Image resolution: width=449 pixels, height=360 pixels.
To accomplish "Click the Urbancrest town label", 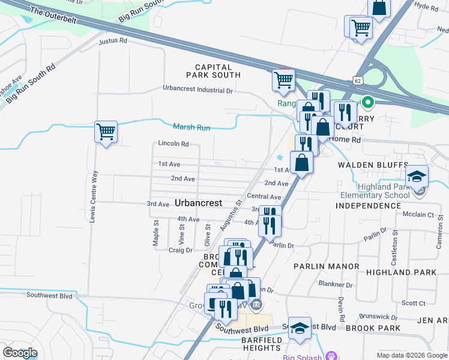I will coord(199,202).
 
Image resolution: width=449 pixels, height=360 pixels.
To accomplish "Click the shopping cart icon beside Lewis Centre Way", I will coord(106,131).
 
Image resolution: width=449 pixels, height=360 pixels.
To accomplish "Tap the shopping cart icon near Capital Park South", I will coord(283,80).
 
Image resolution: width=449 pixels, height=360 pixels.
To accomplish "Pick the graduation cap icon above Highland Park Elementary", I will coord(417,176).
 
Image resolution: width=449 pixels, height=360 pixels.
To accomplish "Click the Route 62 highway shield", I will coord(358,79).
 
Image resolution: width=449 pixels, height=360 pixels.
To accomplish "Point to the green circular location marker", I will coord(367,103).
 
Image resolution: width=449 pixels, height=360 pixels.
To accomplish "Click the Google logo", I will coord(20,353).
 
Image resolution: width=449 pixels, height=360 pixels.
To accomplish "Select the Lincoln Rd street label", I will coord(173,144).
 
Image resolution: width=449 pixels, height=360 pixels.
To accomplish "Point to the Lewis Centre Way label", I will coord(93,196).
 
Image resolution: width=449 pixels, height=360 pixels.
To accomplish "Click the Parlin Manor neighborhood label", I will coord(326,266).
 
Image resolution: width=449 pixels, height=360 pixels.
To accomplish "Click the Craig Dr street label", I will coord(180,250).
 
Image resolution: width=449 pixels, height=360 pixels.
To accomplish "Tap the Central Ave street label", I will coord(264,197).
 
